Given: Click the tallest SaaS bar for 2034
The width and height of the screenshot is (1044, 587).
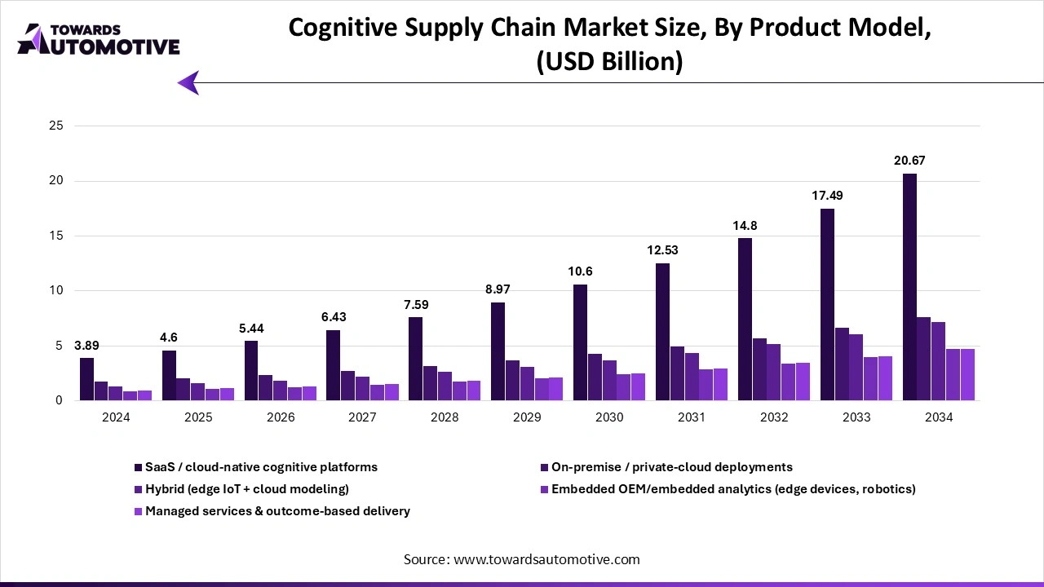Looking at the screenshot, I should (x=909, y=287).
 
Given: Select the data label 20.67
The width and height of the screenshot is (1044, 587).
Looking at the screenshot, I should (x=909, y=161).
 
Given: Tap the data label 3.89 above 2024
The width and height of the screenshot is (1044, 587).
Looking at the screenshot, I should (x=87, y=345).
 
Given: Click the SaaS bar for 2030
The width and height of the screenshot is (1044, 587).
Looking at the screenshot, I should (x=580, y=342).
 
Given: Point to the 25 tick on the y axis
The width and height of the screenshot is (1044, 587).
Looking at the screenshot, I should (x=56, y=126).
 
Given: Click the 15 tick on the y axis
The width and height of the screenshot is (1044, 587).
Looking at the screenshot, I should (x=56, y=236).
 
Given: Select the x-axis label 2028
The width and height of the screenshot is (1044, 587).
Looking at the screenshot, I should (x=445, y=417).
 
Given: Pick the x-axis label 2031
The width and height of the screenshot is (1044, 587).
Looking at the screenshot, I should (x=692, y=417).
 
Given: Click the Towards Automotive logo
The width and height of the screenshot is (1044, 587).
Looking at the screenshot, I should (x=98, y=39).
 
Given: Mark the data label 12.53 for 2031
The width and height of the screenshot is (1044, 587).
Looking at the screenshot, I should (x=662, y=250).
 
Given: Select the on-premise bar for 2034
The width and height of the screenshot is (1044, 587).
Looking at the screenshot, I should (x=924, y=359).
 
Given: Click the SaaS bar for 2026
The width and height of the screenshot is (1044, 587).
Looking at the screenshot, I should (x=251, y=370).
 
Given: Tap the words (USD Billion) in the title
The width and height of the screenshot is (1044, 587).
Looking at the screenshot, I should (x=609, y=62).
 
